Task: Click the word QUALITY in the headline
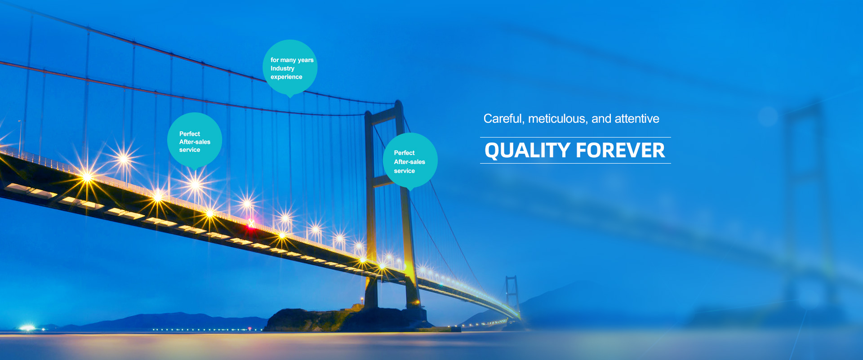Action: click(x=527, y=151)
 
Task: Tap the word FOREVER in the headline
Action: click(x=620, y=151)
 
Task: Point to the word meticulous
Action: click(x=558, y=119)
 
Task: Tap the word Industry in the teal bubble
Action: click(x=282, y=69)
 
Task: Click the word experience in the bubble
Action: click(x=286, y=77)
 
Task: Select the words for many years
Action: click(x=292, y=60)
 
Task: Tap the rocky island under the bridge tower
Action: click(x=346, y=319)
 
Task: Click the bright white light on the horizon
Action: click(x=27, y=328)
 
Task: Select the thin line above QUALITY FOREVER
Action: click(x=575, y=137)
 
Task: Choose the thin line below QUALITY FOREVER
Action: click(x=575, y=163)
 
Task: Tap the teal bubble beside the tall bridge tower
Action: click(x=410, y=161)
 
